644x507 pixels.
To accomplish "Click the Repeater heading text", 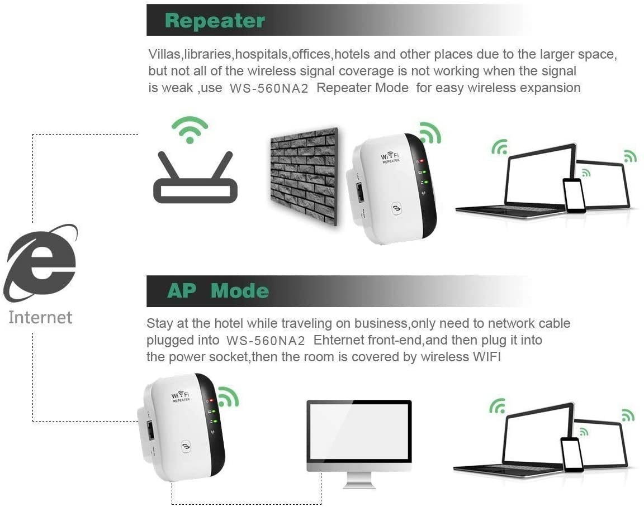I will [x=215, y=21].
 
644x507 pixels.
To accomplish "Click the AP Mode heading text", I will [x=217, y=291].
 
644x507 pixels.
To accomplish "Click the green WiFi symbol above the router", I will [x=190, y=130].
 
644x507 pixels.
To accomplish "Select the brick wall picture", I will [x=304, y=174].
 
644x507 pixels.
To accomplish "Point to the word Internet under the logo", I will [x=40, y=318].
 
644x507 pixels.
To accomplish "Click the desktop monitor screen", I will [x=359, y=431].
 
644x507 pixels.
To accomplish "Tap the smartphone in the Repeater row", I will [x=574, y=195].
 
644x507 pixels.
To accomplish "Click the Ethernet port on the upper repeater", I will [x=359, y=192].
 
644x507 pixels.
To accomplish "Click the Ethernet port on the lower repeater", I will [x=150, y=431].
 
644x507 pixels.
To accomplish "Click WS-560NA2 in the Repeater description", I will [x=269, y=88].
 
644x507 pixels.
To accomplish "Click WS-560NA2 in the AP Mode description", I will [x=266, y=340].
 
